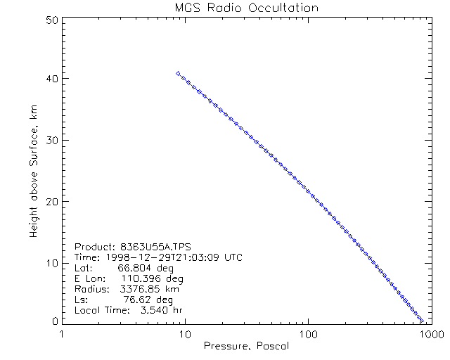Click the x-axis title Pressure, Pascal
(x=246, y=346)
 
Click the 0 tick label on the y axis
(x=53, y=321)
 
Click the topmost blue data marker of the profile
(x=178, y=73)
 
